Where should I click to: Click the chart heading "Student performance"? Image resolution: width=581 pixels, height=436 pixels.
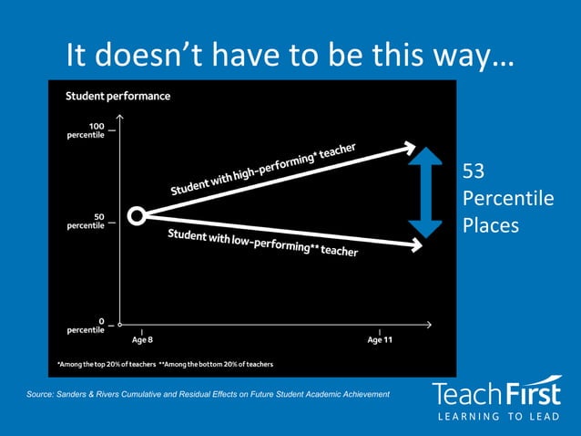(117, 96)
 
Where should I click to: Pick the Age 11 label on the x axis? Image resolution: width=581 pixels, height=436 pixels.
(381, 339)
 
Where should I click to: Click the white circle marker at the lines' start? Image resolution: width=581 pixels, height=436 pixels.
(137, 216)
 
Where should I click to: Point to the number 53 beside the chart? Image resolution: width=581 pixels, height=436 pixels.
(474, 171)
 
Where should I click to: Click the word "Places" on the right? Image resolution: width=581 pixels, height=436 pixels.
(490, 223)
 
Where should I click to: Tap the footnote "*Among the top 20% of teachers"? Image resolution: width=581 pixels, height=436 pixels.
(106, 364)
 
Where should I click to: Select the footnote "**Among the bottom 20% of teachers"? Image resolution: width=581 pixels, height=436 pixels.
(216, 364)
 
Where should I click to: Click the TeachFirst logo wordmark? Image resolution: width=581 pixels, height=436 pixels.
(496, 394)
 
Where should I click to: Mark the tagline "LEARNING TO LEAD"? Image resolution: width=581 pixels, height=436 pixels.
(496, 418)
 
